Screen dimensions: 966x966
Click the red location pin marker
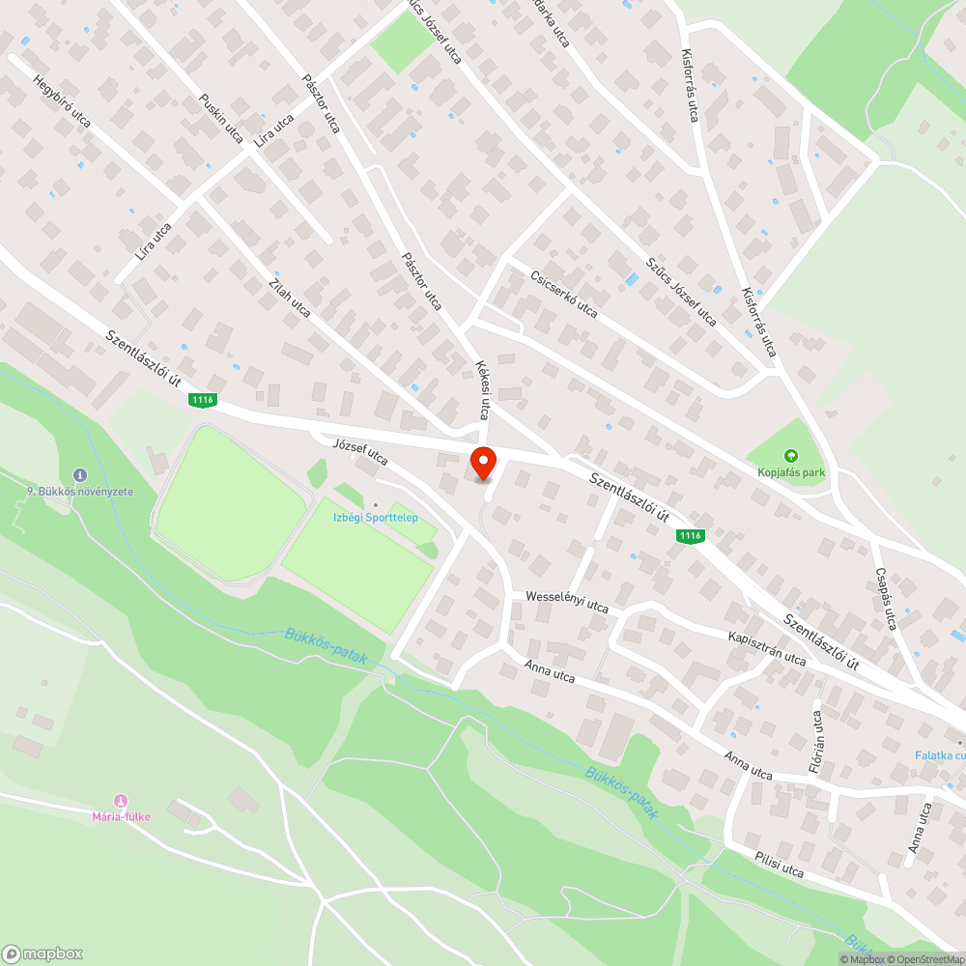coord(482,464)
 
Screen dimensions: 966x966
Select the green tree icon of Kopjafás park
coord(790,455)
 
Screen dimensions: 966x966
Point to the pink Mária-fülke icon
coord(121,801)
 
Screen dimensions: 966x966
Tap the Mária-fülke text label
coord(121,817)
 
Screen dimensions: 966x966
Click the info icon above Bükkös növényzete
coord(79,475)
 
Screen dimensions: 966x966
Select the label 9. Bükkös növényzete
coord(80,492)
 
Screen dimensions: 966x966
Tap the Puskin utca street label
coord(220,118)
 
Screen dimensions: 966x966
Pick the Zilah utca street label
coord(290,297)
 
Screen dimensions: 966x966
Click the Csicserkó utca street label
coord(564,294)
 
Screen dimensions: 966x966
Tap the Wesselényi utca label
coord(567,602)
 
